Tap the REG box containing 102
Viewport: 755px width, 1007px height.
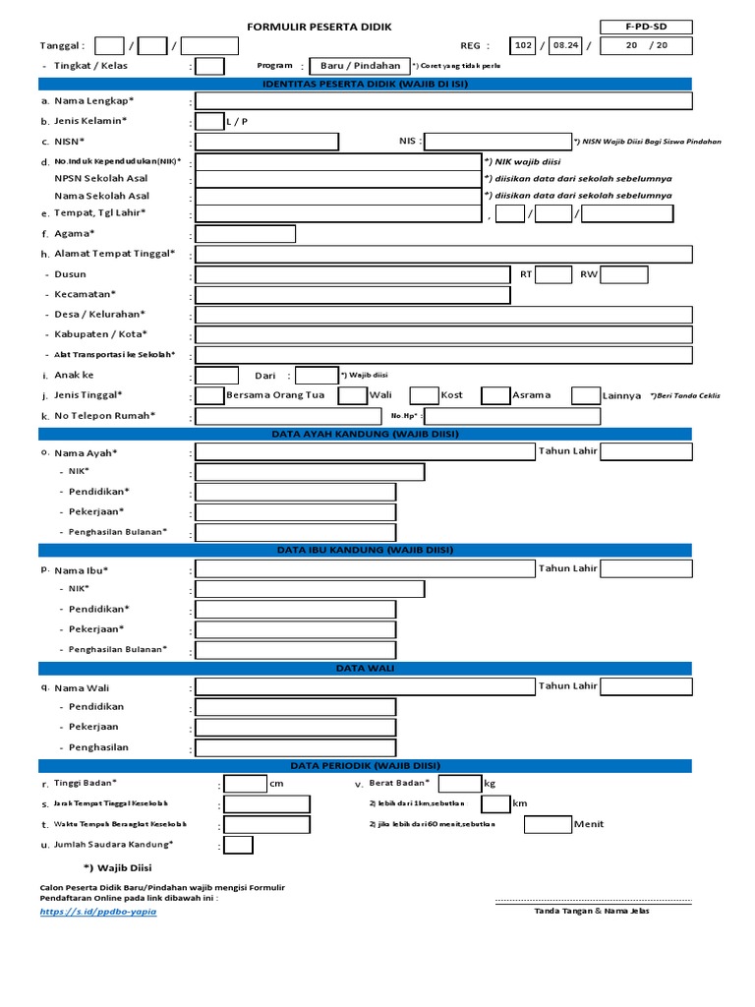(x=523, y=45)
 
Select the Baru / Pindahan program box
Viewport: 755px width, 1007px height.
(x=354, y=66)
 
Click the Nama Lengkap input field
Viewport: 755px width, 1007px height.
(x=443, y=101)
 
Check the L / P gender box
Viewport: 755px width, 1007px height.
(x=209, y=121)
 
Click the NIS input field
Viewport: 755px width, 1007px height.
(x=495, y=142)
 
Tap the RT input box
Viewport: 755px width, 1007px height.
(x=553, y=274)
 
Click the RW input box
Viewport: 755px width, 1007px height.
(x=623, y=274)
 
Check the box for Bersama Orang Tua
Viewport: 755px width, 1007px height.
(x=209, y=395)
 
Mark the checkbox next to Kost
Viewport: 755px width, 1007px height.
(x=424, y=395)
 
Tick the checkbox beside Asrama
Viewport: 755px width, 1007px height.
(x=494, y=395)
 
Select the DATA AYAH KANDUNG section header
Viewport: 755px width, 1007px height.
(x=366, y=434)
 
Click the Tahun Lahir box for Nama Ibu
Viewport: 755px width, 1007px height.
(x=645, y=568)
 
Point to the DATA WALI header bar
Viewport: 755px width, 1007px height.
(x=366, y=669)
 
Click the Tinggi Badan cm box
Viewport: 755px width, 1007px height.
(x=245, y=784)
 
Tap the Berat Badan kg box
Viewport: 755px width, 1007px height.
(x=459, y=784)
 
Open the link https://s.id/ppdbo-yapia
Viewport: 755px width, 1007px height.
(x=98, y=912)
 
